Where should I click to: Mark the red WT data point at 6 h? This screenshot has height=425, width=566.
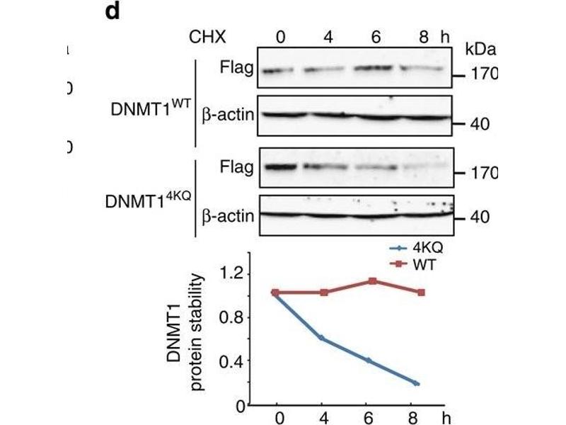372,281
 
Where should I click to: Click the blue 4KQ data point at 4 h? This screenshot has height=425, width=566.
322,338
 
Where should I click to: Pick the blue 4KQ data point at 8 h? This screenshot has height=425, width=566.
417,384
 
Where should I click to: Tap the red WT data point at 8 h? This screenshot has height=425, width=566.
422,292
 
